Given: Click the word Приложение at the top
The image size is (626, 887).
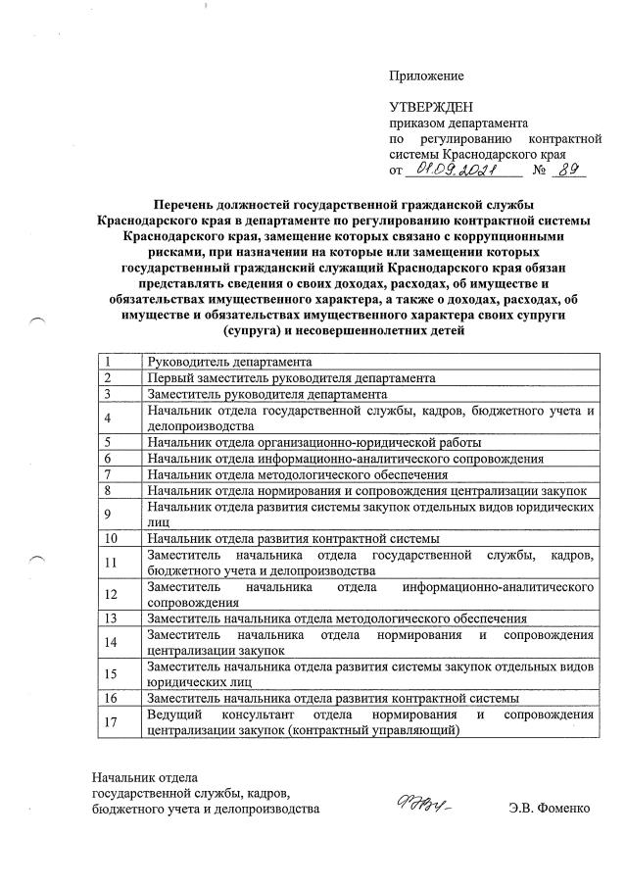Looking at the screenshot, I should [x=426, y=75].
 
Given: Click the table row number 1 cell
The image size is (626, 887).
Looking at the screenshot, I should [x=120, y=363].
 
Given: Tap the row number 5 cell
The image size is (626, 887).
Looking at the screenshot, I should [x=120, y=443].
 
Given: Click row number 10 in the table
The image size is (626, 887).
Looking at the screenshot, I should [x=120, y=538].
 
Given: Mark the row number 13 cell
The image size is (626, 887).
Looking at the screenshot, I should [x=120, y=618].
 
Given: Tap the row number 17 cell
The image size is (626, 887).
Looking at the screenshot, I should [x=120, y=722].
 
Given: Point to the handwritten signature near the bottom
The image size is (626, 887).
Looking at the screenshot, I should [x=423, y=808].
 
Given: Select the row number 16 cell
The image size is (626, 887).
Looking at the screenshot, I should [x=120, y=698].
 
